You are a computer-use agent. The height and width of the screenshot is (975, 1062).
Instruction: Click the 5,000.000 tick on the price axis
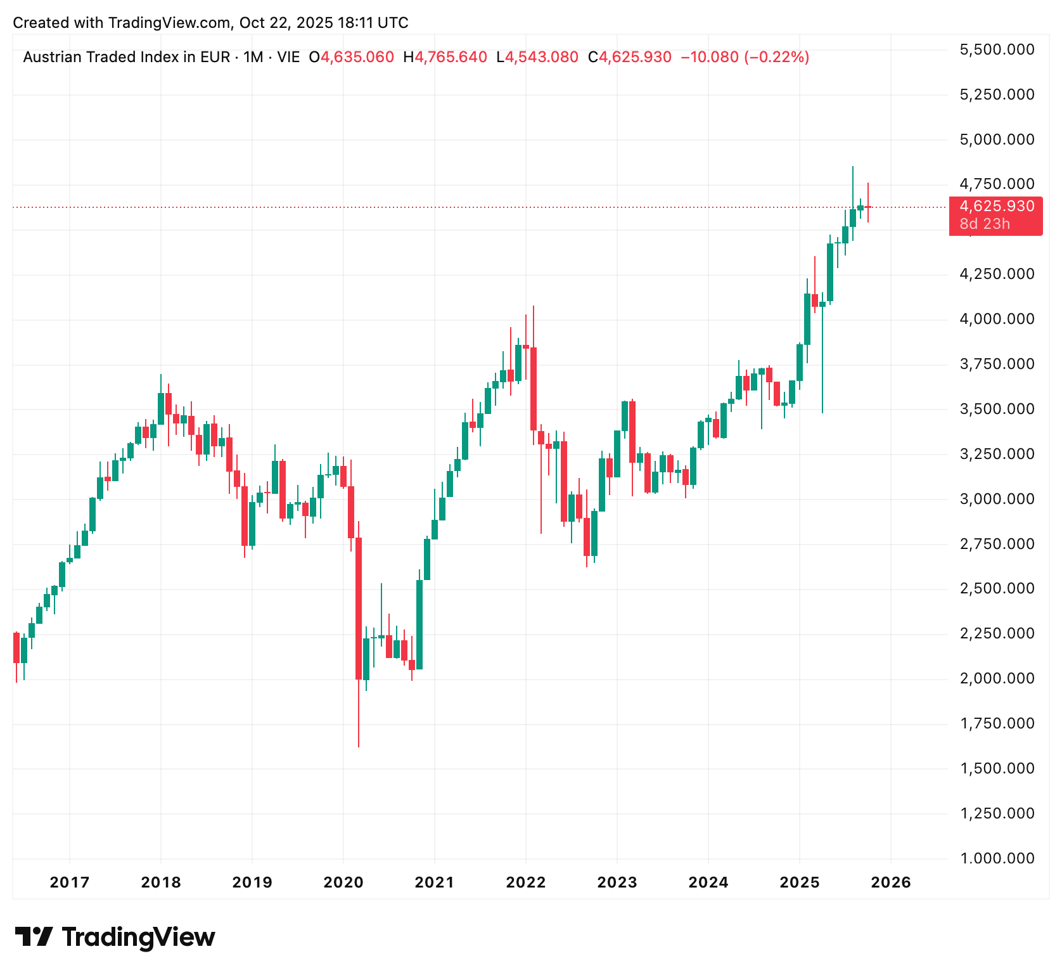coord(997,139)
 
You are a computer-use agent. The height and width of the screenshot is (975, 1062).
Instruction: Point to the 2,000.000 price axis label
coord(997,678)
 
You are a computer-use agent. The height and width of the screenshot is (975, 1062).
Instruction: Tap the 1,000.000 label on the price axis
coord(997,858)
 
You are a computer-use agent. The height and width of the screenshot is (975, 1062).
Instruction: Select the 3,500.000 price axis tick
coord(997,409)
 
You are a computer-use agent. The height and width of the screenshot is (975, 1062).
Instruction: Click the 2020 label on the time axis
coord(343,882)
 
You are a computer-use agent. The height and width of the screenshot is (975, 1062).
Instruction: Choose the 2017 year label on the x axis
coord(70,882)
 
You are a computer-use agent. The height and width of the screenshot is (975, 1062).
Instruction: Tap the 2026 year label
coord(891,882)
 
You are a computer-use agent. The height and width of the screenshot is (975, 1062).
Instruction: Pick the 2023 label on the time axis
coord(617,882)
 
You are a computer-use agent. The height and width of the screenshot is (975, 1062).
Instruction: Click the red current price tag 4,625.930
coord(996,207)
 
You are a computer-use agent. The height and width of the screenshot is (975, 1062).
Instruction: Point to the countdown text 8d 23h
coord(985,224)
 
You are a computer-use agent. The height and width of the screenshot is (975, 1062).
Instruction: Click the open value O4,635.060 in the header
coord(351,57)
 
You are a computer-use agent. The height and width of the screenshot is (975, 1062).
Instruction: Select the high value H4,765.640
coord(445,57)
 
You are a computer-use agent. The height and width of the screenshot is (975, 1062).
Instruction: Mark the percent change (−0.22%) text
coord(776,57)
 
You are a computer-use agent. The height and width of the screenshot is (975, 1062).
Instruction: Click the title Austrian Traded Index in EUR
coord(127,57)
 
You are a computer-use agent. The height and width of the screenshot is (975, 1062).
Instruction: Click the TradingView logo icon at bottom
coord(33,937)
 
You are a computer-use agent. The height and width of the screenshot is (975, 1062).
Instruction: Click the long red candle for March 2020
coord(359,609)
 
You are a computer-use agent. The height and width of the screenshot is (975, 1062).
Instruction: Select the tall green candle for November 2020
coord(419,624)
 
